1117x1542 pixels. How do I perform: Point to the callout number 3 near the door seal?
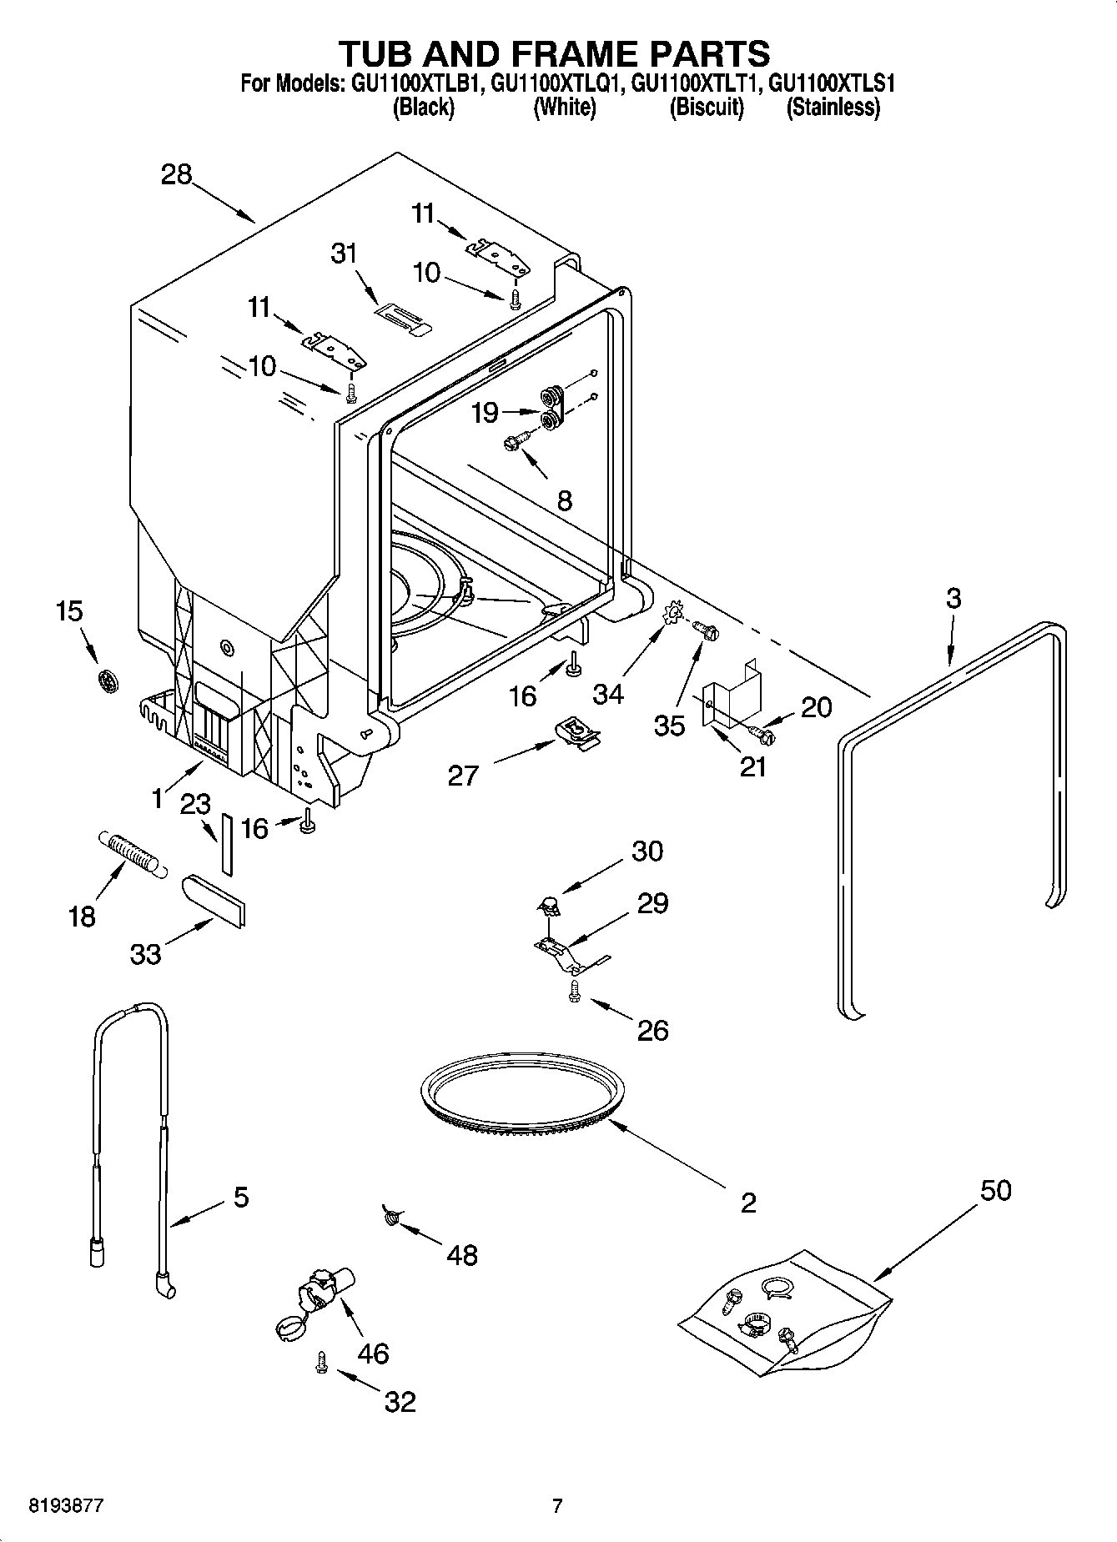[953, 598]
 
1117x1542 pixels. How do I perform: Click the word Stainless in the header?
[833, 108]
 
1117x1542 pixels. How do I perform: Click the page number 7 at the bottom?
[557, 1506]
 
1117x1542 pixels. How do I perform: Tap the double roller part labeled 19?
[551, 409]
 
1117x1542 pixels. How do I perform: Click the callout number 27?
[463, 775]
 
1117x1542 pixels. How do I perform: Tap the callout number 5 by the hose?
[240, 1198]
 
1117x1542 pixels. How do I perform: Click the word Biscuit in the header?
[707, 108]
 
